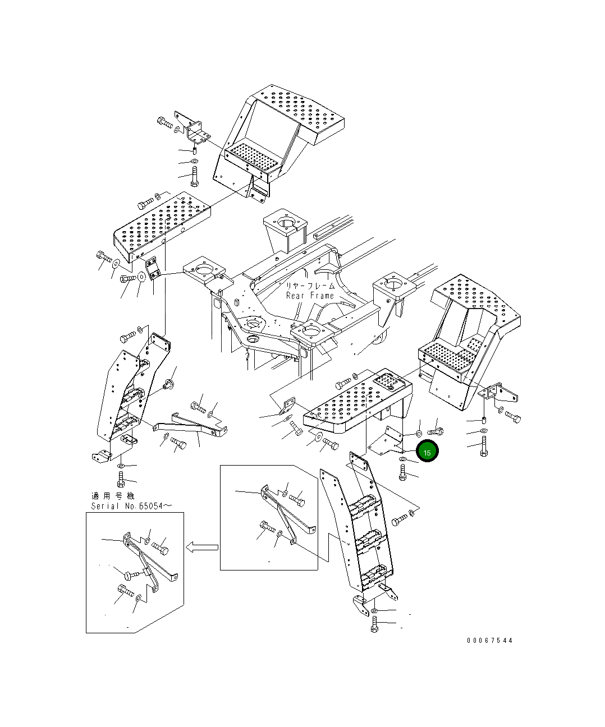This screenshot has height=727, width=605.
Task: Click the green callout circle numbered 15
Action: pyautogui.click(x=427, y=451)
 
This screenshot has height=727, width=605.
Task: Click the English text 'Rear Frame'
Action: pyautogui.click(x=310, y=296)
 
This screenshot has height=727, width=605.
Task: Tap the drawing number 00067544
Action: pyautogui.click(x=490, y=640)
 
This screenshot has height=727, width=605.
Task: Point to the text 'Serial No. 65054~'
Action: pyautogui.click(x=131, y=506)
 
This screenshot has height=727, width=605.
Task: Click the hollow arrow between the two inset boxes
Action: pyautogui.click(x=202, y=547)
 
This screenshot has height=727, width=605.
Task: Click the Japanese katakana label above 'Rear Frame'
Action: pyautogui.click(x=310, y=286)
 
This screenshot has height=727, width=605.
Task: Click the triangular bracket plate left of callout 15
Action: pyautogui.click(x=387, y=440)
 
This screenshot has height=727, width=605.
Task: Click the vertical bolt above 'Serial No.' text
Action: pyautogui.click(x=121, y=479)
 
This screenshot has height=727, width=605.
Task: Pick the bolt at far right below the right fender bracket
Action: pyautogui.click(x=484, y=446)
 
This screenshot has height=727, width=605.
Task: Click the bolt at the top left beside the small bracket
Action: pyautogui.click(x=165, y=122)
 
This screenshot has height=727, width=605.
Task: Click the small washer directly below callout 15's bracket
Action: pyautogui.click(x=402, y=459)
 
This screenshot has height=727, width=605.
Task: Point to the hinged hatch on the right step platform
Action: pyautogui.click(x=388, y=381)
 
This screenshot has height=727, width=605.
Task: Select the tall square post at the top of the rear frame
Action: pyautogui.click(x=285, y=231)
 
